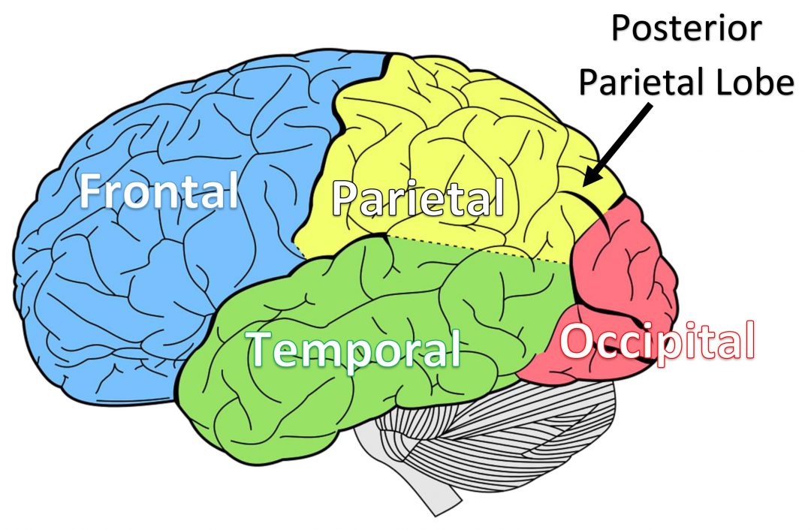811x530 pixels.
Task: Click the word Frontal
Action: click(x=158, y=191)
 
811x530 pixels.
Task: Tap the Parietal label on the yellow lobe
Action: click(x=418, y=198)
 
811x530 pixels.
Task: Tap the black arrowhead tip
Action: click(x=584, y=185)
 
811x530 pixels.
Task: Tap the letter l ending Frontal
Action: click(x=234, y=190)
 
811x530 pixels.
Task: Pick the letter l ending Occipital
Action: click(x=750, y=339)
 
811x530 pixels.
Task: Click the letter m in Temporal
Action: click(x=322, y=354)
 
